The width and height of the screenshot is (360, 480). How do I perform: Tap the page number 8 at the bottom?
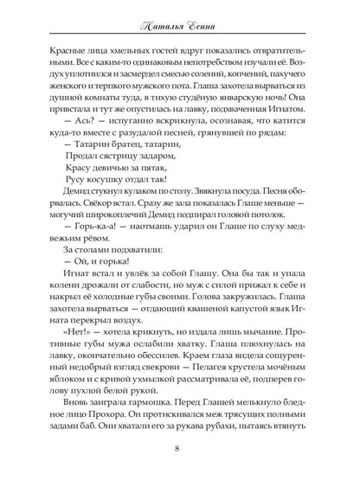179,448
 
